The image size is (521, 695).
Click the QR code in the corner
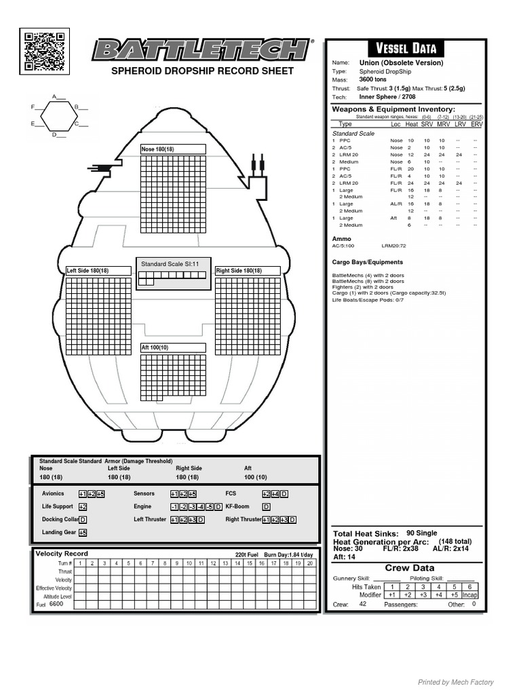(x=44, y=52)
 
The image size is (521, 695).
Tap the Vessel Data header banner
(x=406, y=48)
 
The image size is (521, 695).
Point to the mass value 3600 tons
(x=372, y=79)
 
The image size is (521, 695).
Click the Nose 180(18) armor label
(x=157, y=149)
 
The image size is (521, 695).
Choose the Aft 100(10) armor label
(x=155, y=347)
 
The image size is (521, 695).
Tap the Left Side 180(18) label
(x=88, y=271)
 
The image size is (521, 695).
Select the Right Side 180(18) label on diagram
(x=238, y=271)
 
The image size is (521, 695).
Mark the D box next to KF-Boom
(x=266, y=507)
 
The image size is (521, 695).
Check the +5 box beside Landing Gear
(x=83, y=533)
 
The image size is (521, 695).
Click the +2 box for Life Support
(x=83, y=507)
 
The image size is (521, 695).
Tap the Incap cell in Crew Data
(x=470, y=595)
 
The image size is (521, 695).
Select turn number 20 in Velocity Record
(x=310, y=563)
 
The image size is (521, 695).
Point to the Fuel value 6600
(x=56, y=603)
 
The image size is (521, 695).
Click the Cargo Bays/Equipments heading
(x=367, y=262)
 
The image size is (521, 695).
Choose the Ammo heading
(x=341, y=239)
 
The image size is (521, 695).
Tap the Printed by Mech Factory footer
(x=455, y=682)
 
